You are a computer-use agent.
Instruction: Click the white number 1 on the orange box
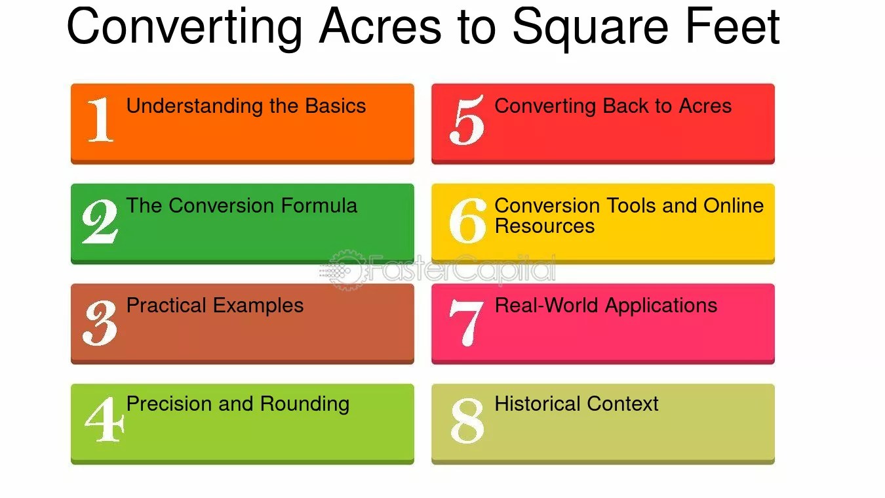pos(100,119)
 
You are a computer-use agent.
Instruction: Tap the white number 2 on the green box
pos(100,221)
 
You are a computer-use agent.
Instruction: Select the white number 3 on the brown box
pos(100,322)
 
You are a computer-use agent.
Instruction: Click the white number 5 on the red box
pos(467,120)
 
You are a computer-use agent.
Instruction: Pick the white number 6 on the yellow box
pos(468,220)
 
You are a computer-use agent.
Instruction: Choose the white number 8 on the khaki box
pos(467,421)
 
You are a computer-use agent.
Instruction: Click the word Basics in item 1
pos(336,106)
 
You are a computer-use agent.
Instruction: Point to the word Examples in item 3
pos(258,306)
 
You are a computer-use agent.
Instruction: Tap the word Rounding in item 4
pos(305,404)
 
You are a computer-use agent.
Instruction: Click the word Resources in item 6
pos(544,226)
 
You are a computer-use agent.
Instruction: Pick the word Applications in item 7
pos(661,306)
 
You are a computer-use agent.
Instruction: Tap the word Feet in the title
pos(733,26)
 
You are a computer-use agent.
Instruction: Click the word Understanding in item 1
pos(195,106)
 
